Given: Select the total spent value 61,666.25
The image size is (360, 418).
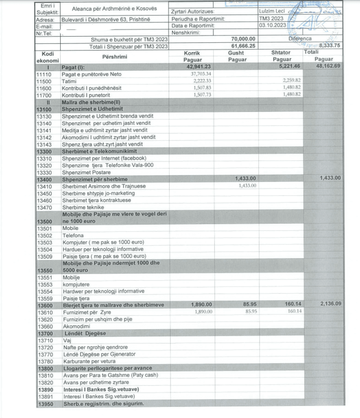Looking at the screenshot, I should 243,46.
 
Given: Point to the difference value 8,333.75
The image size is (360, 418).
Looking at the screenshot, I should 330,46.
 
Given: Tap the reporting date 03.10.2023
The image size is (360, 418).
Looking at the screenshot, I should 272,25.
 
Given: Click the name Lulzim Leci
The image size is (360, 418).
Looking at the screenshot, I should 272,11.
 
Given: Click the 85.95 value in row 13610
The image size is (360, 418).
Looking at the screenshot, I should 249,312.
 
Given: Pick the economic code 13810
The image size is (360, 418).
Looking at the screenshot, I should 44,375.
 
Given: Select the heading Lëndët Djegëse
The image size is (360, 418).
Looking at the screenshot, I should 84,333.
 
